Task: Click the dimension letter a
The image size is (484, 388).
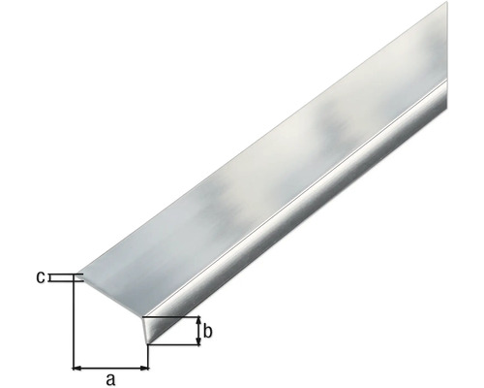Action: pyautogui.click(x=110, y=379)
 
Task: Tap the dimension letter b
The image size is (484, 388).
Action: pyautogui.click(x=209, y=332)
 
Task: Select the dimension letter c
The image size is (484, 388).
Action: pyautogui.click(x=41, y=278)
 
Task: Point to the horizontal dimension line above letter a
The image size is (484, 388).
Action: pyautogui.click(x=111, y=368)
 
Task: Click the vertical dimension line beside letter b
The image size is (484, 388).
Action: pyautogui.click(x=198, y=332)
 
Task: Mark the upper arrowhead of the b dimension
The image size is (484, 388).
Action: pyautogui.click(x=198, y=321)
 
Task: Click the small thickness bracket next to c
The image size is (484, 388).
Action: pyautogui.click(x=64, y=278)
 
